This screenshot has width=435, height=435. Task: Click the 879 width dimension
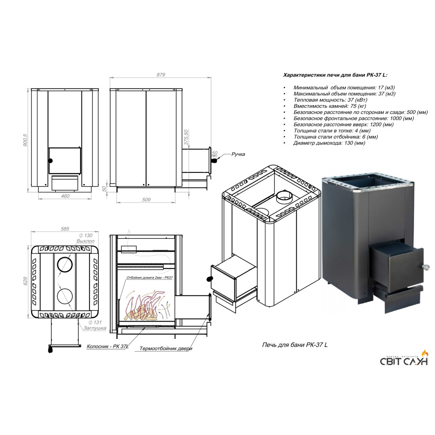[161, 75]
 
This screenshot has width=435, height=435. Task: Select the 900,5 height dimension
[25, 140]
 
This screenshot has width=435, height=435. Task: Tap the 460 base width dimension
[65, 196]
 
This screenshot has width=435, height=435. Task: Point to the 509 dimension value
[146, 199]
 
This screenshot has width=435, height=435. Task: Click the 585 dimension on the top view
[65, 229]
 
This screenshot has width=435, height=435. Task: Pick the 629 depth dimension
[26, 281]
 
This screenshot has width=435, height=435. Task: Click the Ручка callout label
[238, 154]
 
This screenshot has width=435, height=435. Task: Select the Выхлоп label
[85, 241]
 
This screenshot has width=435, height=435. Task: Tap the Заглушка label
[95, 328]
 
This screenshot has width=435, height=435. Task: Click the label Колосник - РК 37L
[108, 346]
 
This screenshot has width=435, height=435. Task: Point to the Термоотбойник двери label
[166, 348]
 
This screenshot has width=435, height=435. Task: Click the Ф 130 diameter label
[86, 235]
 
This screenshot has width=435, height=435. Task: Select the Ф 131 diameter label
[95, 322]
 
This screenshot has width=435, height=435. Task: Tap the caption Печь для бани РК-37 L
[295, 344]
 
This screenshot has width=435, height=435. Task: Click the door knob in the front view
[51, 161]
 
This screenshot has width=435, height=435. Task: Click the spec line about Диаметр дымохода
[329, 143]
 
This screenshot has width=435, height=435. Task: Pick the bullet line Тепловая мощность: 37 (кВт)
[330, 100]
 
